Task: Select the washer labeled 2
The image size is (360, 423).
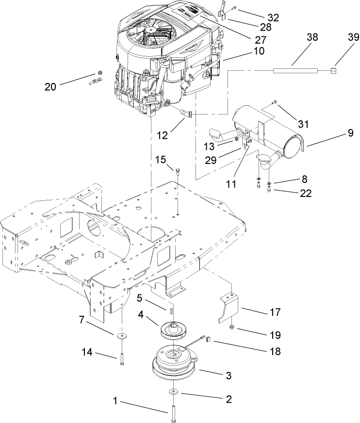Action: (x=173, y=391)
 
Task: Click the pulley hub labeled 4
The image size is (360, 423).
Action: (x=173, y=332)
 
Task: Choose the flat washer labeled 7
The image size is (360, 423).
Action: (x=120, y=336)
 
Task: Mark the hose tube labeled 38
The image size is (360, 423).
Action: (x=295, y=70)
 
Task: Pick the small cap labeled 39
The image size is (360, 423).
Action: (x=334, y=71)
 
